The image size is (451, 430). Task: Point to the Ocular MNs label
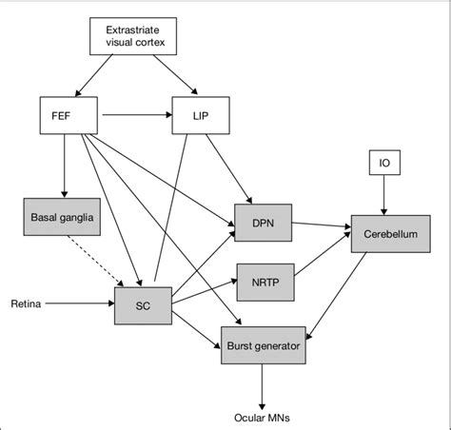tap(262, 416)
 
